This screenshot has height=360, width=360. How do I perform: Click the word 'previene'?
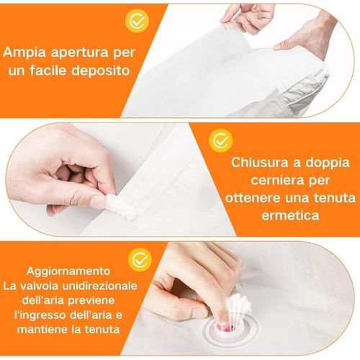103,301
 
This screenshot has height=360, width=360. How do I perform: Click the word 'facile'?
55,72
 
